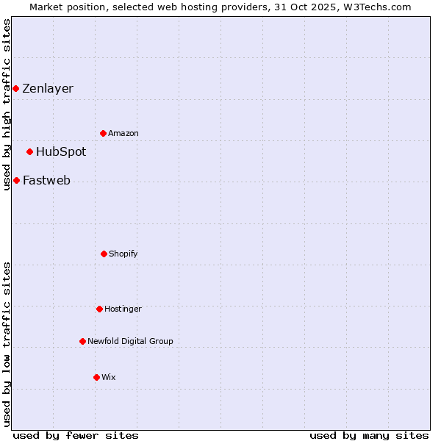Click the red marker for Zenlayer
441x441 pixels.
point(15,89)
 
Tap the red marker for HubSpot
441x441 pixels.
point(29,152)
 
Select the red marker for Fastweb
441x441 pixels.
point(16,180)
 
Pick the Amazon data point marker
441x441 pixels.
point(103,133)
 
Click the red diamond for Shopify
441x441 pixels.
point(104,254)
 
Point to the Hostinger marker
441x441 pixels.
point(99,309)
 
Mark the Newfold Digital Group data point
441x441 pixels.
point(82,341)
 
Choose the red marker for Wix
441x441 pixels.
point(96,377)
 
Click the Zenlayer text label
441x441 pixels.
point(48,89)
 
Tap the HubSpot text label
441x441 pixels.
point(61,152)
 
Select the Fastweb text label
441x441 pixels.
point(46,181)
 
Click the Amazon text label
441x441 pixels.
point(123,134)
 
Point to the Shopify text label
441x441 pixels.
point(123,254)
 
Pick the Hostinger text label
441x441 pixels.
point(123,309)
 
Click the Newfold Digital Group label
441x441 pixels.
point(130,341)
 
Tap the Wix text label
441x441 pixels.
point(109,378)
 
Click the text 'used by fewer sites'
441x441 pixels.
point(76,436)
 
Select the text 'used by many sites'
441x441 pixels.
point(369,436)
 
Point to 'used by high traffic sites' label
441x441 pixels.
point(7,104)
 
